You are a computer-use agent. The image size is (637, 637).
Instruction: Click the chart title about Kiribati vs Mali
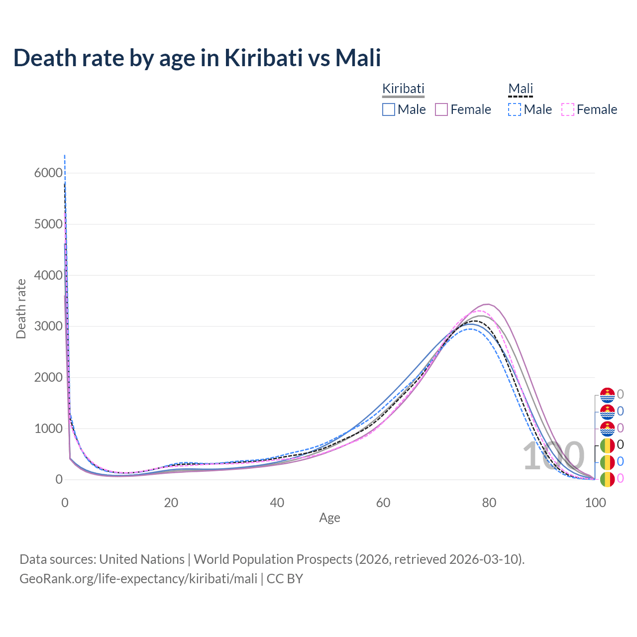[197, 58]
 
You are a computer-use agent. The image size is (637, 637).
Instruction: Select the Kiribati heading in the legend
[403, 89]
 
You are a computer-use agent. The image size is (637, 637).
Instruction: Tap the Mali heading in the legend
[521, 89]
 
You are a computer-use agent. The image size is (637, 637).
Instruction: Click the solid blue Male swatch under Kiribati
[389, 109]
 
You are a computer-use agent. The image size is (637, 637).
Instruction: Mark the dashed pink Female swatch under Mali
[568, 109]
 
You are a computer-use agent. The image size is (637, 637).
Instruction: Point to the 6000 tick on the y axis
[48, 173]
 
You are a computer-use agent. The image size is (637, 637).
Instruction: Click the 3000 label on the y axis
[48, 326]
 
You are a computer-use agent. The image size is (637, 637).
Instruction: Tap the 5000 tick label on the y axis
[48, 224]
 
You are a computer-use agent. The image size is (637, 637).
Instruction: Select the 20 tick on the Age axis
[171, 503]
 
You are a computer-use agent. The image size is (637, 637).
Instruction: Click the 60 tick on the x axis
[383, 503]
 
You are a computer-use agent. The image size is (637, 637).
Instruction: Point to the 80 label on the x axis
[489, 503]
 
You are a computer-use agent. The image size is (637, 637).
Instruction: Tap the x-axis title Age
[329, 518]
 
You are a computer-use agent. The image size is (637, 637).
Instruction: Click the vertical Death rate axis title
[21, 309]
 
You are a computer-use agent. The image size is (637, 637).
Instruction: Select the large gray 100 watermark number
[553, 456]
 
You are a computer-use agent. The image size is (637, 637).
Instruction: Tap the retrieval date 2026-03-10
[485, 559]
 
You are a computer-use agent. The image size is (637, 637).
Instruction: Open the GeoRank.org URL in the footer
[138, 579]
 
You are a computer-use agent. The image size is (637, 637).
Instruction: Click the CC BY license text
[285, 579]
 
